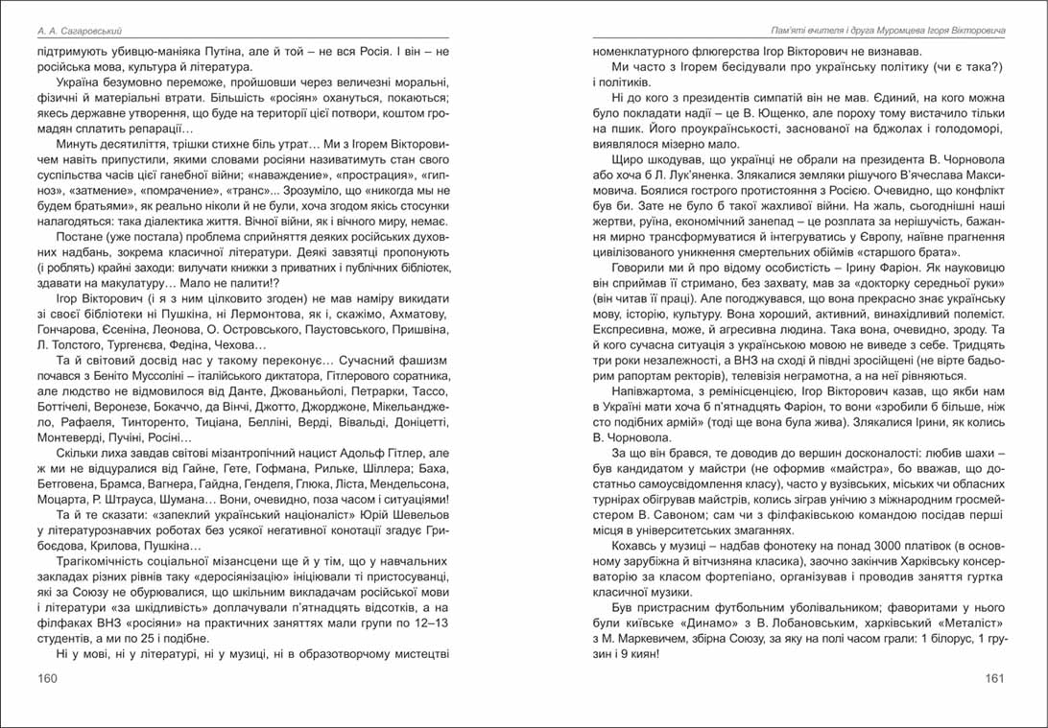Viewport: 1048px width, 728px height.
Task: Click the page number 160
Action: (47, 679)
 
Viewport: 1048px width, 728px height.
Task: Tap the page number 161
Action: (994, 679)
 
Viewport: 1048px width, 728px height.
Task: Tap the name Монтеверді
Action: (69, 434)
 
